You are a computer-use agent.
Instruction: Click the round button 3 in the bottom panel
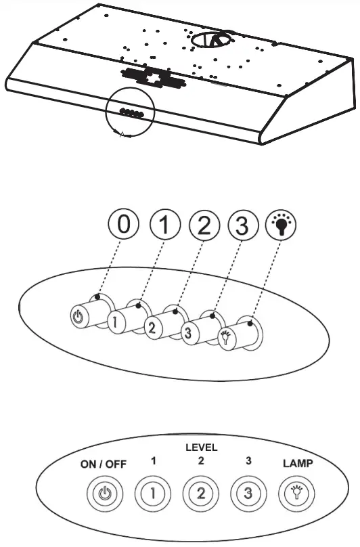coord(247,494)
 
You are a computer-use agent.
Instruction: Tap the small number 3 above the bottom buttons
coord(248,461)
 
